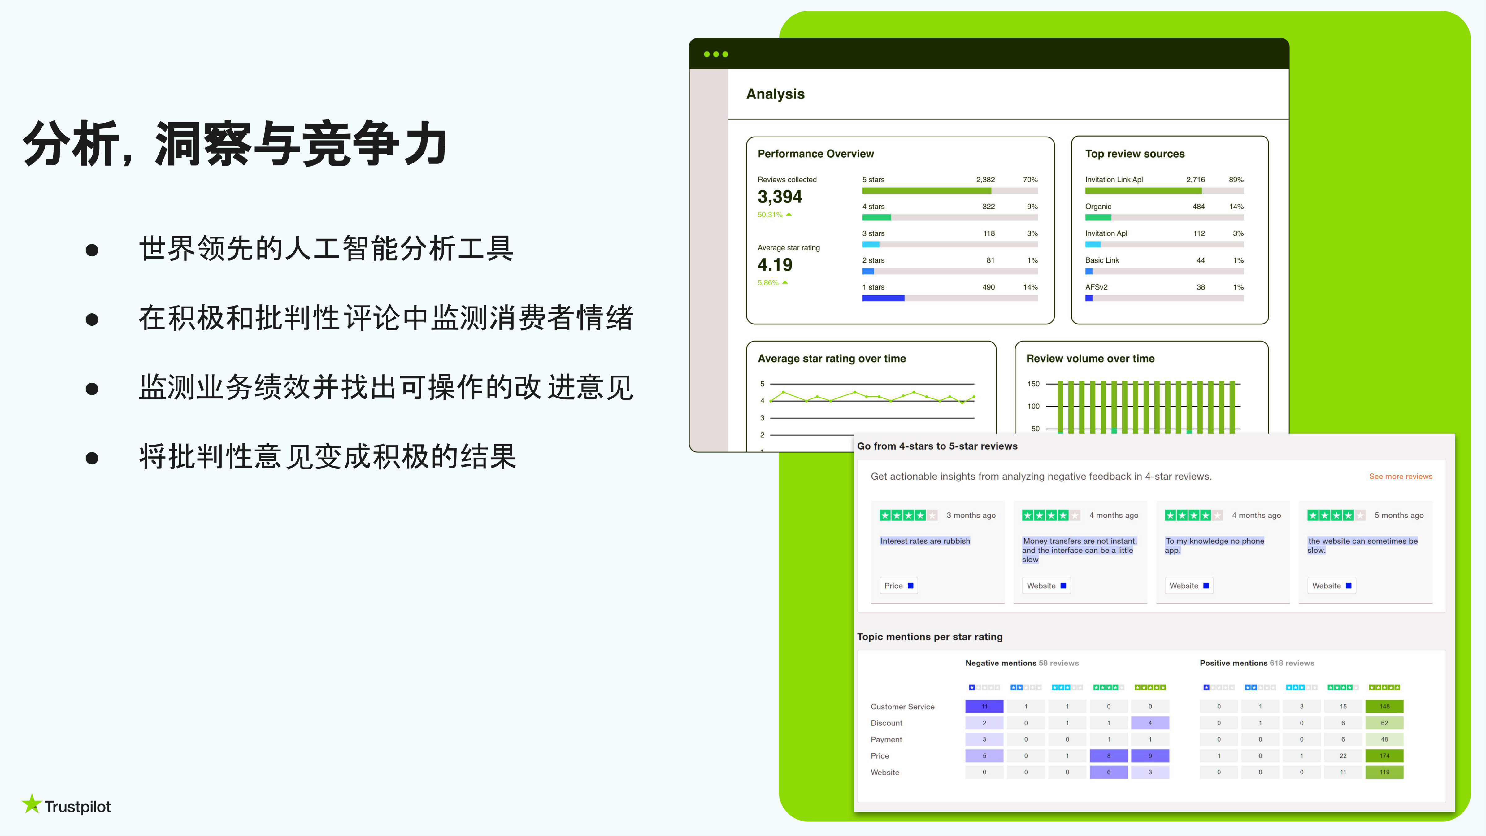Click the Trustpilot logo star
click(x=32, y=804)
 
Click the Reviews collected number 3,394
click(x=779, y=197)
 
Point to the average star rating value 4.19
click(x=775, y=265)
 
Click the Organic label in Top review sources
click(x=1098, y=207)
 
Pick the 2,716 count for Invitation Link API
click(x=1195, y=180)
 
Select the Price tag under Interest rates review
click(x=898, y=586)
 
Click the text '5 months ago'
click(x=1399, y=515)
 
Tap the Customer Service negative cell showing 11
click(x=984, y=706)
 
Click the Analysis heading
click(x=775, y=94)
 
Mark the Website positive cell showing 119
click(x=1384, y=772)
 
